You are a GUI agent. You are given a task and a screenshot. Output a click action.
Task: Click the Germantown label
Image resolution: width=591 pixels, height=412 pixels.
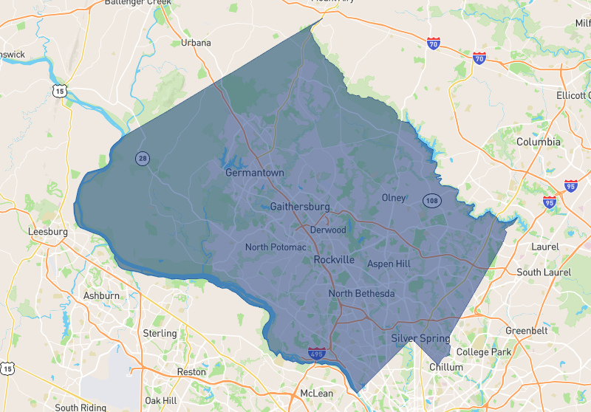254,173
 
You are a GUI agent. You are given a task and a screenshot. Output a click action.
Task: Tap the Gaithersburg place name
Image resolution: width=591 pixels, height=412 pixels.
300,207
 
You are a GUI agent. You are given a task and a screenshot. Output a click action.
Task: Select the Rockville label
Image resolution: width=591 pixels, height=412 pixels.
334,260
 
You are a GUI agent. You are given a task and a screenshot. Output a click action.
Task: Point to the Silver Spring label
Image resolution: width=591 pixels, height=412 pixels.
420,339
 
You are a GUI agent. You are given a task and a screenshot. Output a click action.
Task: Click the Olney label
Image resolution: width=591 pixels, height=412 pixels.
394,198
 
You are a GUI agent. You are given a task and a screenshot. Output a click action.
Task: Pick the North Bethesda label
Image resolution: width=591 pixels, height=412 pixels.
361,294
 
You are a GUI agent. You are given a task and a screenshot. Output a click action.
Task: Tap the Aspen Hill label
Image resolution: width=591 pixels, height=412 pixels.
389,264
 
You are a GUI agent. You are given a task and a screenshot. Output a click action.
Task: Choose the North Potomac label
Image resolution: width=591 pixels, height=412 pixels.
275,247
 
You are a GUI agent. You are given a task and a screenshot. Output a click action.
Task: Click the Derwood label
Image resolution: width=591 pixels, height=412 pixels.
328,230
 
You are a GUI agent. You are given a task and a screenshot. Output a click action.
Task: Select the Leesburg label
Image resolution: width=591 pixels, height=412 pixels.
47,231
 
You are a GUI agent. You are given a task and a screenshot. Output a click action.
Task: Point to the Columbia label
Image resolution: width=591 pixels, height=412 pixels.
538,142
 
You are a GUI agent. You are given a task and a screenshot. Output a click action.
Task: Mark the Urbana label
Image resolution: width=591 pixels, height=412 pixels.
196,43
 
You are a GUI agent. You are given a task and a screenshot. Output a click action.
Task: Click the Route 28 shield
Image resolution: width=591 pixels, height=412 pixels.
142,158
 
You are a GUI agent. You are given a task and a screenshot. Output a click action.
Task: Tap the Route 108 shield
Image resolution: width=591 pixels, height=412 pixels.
432,200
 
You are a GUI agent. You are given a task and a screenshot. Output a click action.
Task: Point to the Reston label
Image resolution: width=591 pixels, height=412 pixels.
191,372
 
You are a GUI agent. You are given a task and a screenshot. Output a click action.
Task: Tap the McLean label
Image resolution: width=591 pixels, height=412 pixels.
318,394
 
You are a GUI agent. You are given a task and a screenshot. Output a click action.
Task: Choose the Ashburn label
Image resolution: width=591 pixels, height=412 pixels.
101,296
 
